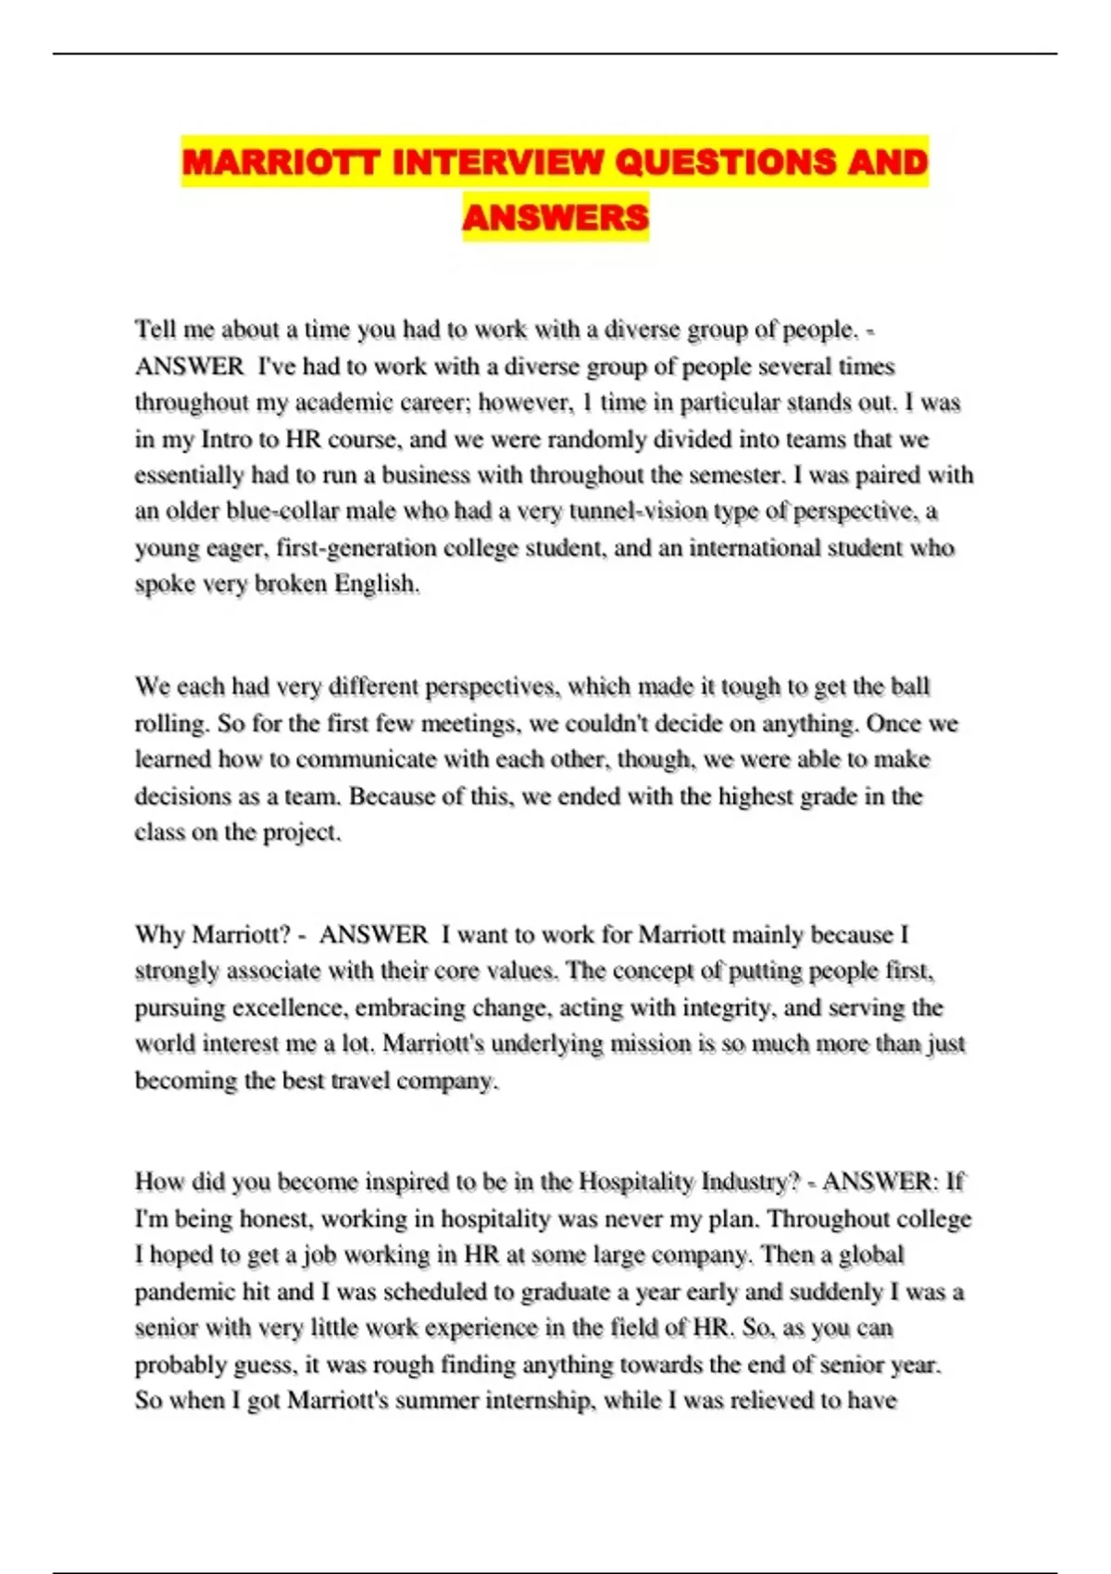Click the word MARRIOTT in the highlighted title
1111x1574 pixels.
[x=281, y=163]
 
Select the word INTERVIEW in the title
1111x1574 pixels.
[x=497, y=163]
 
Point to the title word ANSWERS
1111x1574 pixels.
[x=555, y=218]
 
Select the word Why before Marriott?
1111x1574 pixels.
[x=160, y=934]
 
